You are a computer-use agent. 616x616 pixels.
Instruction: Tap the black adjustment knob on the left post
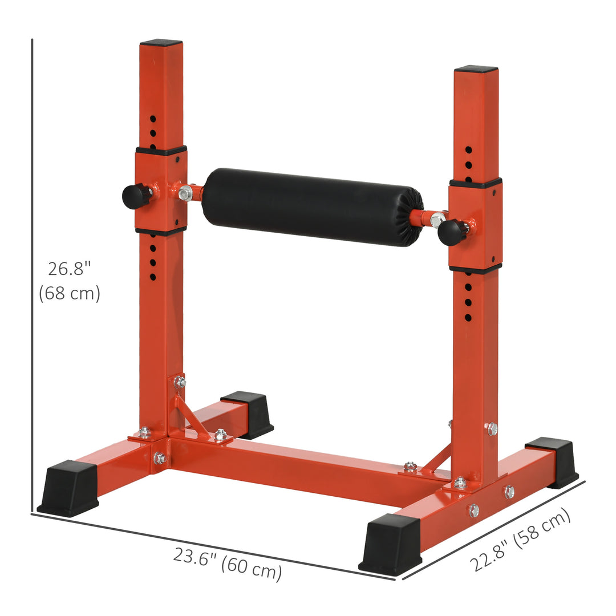pyautogui.click(x=135, y=196)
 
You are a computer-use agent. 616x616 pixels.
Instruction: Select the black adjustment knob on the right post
pyautogui.click(x=451, y=232)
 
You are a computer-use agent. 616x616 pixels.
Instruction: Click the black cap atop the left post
pyautogui.click(x=161, y=43)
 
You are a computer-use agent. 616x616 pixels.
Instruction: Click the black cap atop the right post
pyautogui.click(x=476, y=69)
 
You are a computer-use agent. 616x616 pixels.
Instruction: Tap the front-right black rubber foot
pyautogui.click(x=391, y=544)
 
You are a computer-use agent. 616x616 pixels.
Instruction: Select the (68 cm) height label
pyautogui.click(x=70, y=294)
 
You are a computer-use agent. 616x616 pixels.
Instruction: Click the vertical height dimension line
pyautogui.click(x=32, y=274)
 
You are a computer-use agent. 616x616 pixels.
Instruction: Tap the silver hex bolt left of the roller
pyautogui.click(x=185, y=193)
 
